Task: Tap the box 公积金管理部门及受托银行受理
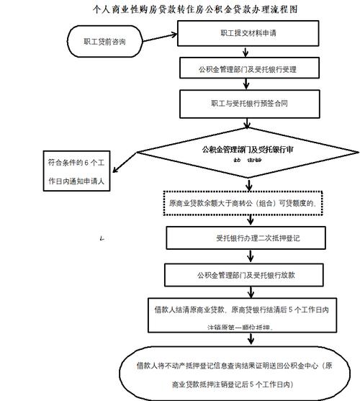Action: tap(248, 69)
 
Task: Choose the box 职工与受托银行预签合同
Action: tap(249, 104)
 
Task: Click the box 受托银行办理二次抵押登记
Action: tap(248, 238)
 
